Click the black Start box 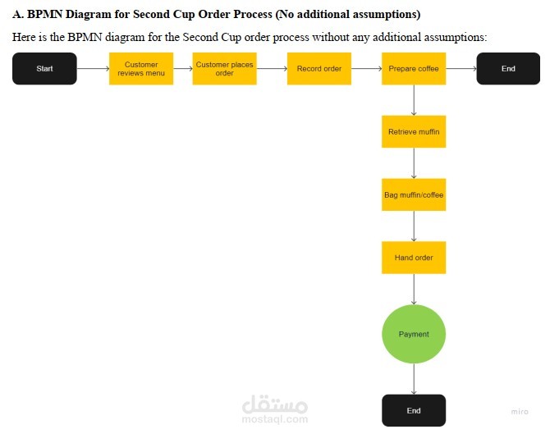click(44, 69)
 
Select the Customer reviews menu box click(141, 69)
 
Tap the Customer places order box click(224, 69)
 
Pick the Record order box click(319, 69)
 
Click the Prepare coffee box click(414, 69)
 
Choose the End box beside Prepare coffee click(508, 69)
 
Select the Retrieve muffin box click(414, 132)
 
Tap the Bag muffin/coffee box click(414, 194)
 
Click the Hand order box click(414, 258)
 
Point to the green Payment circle click(414, 334)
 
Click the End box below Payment click(414, 410)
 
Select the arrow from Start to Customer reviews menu click(93, 69)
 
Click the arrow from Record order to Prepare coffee click(367, 69)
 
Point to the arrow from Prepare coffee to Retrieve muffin click(414, 100)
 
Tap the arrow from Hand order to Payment click(414, 290)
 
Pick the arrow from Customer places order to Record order click(272, 69)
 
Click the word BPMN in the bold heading click(45, 15)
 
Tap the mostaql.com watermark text click(275, 419)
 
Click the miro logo click(520, 412)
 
